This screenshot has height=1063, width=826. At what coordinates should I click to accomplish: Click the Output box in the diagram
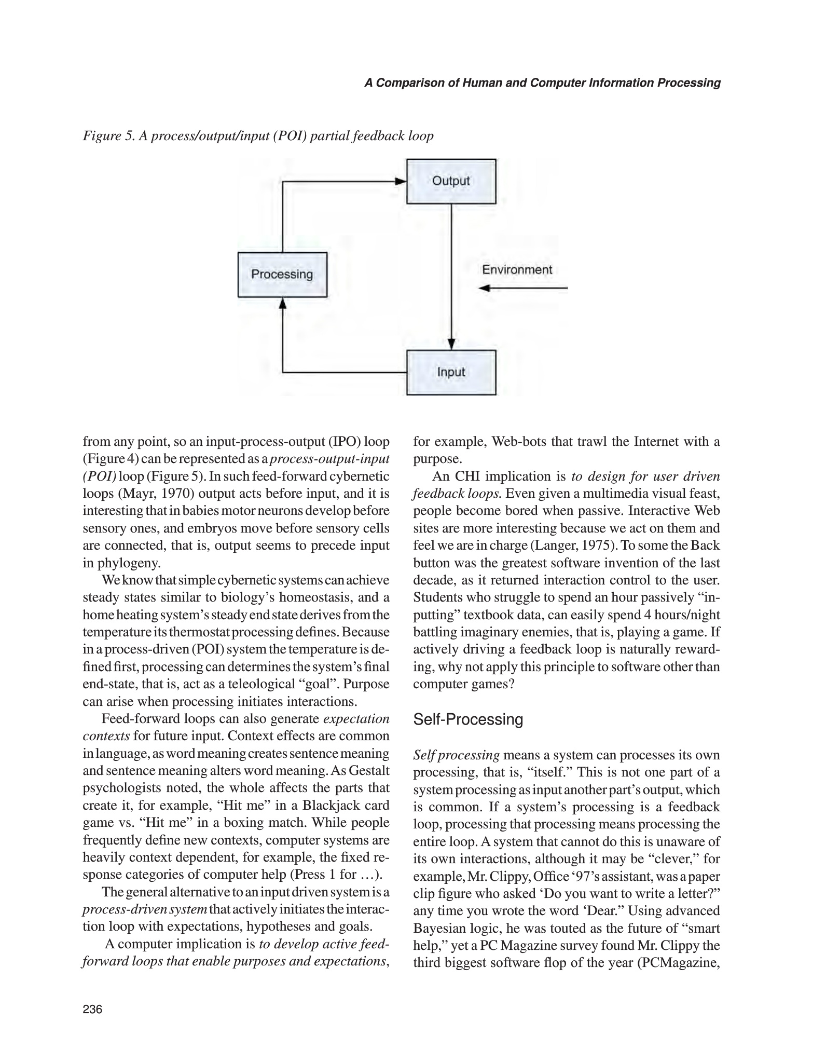coord(451,181)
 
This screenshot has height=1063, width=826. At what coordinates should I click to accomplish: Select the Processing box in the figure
coord(282,275)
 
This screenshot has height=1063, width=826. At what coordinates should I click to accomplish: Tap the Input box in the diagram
coord(451,372)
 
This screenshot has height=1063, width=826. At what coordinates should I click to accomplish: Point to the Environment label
coord(517,270)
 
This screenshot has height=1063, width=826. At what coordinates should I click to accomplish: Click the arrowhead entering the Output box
coord(400,182)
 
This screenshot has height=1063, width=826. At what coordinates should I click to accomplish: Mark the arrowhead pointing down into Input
coord(451,345)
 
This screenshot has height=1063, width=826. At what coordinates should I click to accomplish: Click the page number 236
coord(93,1009)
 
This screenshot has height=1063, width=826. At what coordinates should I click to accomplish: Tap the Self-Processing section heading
coord(468,719)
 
